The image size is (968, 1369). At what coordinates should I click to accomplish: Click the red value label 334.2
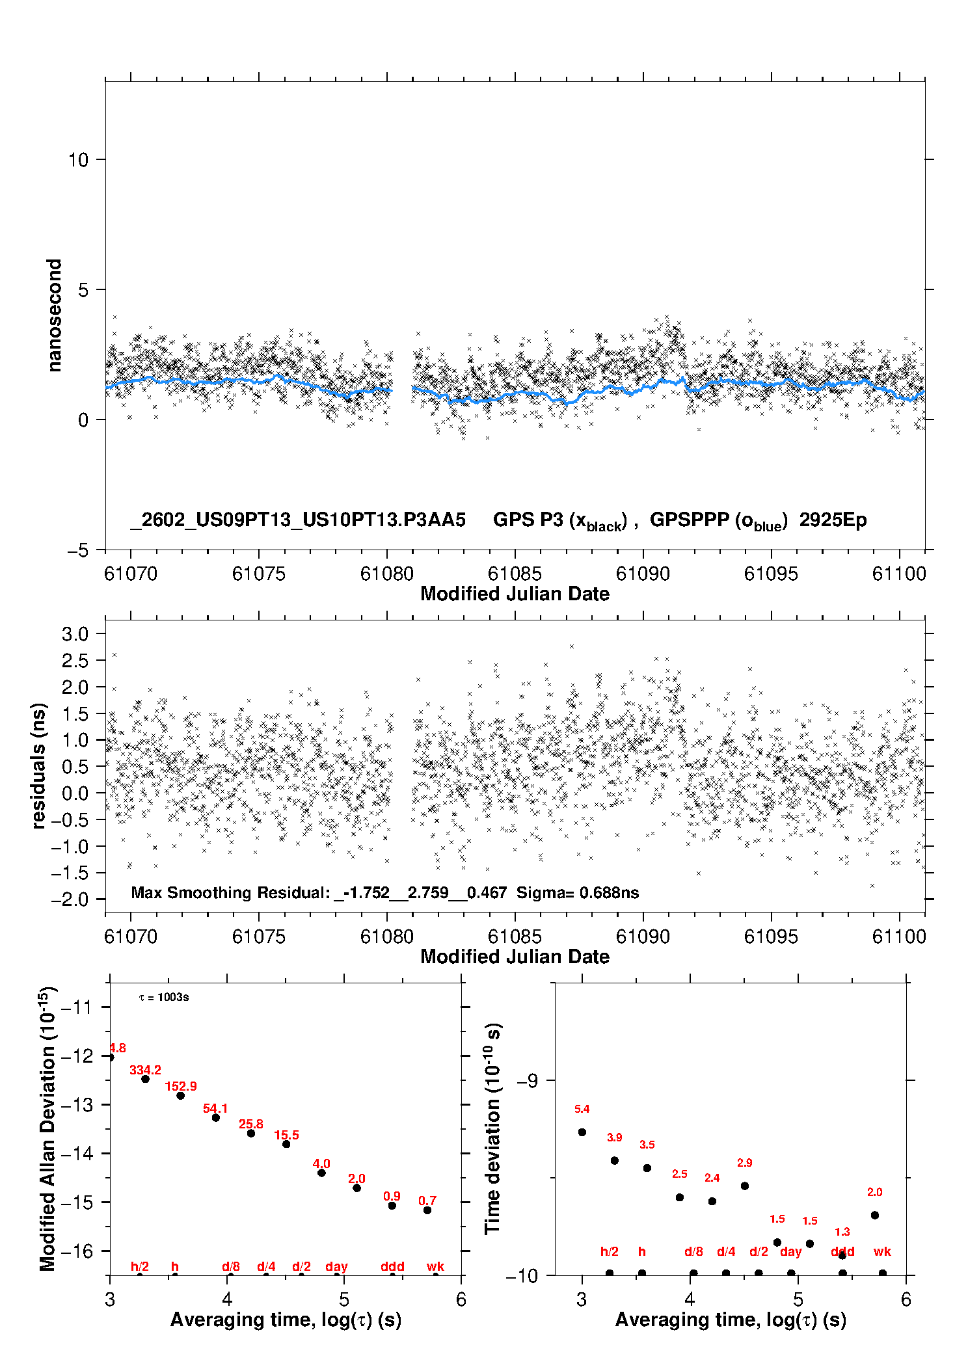(x=145, y=1070)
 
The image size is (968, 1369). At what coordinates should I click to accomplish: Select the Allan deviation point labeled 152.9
(x=181, y=1096)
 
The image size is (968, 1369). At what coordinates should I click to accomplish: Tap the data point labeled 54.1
(x=216, y=1117)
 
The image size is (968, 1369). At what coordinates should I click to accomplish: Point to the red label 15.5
(x=286, y=1136)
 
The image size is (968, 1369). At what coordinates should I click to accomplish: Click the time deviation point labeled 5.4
(x=582, y=1132)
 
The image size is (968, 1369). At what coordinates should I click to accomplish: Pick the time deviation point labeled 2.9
(x=745, y=1186)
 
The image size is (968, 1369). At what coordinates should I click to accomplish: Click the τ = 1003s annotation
(x=164, y=998)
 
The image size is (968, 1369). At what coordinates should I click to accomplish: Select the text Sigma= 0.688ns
(x=578, y=893)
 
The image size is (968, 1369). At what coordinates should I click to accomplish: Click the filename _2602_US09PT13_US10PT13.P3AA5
(x=298, y=520)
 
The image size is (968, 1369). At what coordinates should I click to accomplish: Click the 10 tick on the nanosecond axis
(x=78, y=160)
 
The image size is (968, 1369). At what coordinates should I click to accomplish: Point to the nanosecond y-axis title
(x=55, y=315)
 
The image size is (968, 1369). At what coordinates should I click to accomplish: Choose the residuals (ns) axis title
(x=39, y=766)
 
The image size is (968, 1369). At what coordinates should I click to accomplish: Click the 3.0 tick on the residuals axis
(x=75, y=634)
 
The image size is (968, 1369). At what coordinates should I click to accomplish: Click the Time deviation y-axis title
(x=493, y=1129)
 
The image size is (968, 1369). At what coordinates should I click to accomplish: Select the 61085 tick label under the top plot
(x=515, y=574)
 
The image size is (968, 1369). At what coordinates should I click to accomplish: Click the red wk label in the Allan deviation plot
(x=435, y=1266)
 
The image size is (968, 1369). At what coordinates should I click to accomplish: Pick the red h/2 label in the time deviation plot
(x=609, y=1251)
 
